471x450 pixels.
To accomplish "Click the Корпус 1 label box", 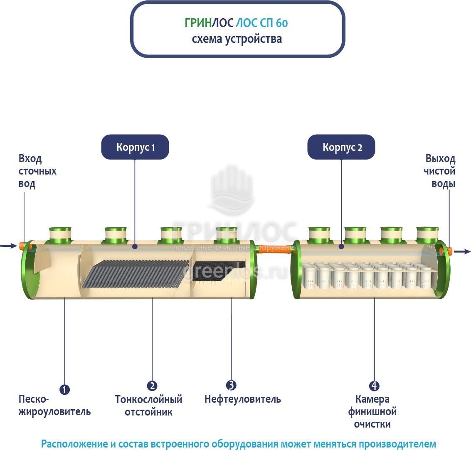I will tap(135, 147).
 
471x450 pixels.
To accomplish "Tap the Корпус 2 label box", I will tap(341, 147).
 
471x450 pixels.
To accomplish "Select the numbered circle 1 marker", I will tap(64, 389).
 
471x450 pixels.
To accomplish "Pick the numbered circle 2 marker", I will tap(152, 386).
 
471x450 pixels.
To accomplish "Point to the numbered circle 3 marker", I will tap(231, 385).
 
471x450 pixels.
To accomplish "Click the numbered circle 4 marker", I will tap(374, 386).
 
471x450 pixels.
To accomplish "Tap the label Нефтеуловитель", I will tap(242, 399).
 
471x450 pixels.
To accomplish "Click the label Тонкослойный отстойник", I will tap(148, 406).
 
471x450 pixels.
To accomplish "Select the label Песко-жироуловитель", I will tap(54, 406).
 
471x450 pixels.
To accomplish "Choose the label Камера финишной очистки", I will tap(372, 412).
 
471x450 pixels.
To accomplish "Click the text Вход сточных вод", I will tap(37, 171).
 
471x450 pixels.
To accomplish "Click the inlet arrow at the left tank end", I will tap(7, 246).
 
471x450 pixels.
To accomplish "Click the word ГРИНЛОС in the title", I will tap(209, 23).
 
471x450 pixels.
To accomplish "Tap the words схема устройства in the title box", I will tap(237, 39).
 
